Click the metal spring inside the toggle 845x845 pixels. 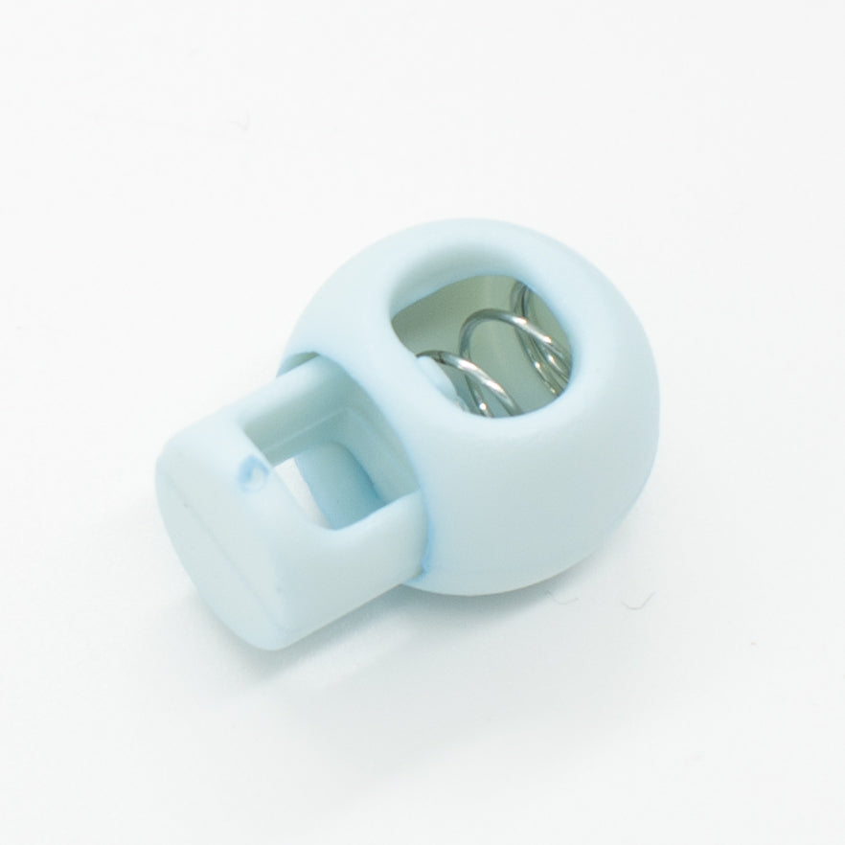[498, 354]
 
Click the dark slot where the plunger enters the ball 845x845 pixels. [297, 362]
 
